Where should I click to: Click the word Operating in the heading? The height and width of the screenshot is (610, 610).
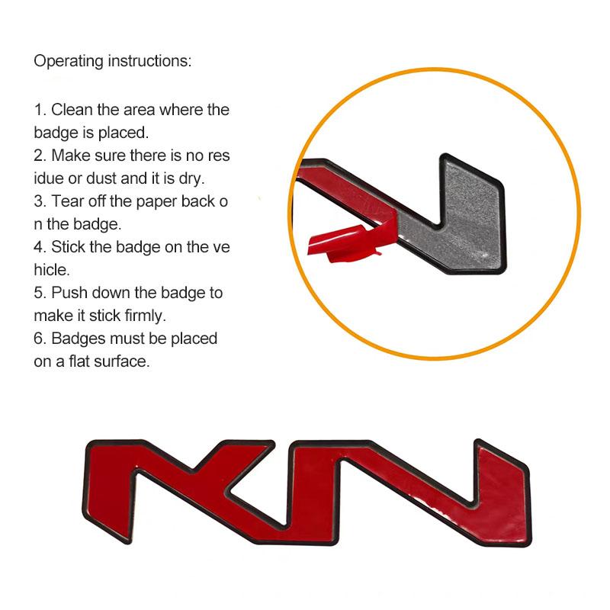pos(68,62)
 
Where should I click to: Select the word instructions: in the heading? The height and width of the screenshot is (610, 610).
pos(149,61)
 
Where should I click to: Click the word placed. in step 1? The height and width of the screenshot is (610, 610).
pos(124,133)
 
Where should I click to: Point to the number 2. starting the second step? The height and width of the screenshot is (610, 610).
pos(40,156)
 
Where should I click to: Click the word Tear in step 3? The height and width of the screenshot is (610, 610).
pos(68,201)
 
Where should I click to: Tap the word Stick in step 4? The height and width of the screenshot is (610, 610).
pos(68,247)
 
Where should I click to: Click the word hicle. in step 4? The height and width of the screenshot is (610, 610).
pos(52,270)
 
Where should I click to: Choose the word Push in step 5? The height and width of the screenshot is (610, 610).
pos(69,293)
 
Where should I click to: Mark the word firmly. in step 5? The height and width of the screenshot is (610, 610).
pos(145,316)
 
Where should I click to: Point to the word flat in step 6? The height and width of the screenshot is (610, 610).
pos(79,361)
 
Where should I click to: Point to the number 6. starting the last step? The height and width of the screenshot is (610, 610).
pos(40,339)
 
